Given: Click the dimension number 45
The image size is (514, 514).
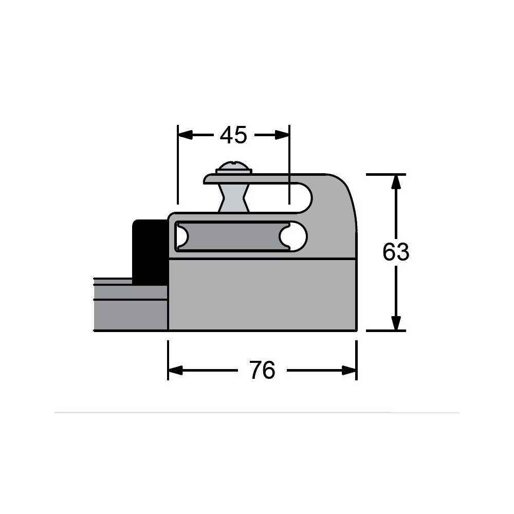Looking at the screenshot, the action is point(233,135).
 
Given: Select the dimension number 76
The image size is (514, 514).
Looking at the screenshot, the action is point(262,370).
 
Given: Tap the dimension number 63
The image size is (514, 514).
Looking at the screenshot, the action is point(396,252).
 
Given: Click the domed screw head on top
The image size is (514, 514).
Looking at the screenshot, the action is point(234,167).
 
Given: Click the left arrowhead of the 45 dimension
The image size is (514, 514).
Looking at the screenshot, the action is point(185,135).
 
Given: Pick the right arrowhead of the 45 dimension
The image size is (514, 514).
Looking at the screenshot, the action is point(282,135).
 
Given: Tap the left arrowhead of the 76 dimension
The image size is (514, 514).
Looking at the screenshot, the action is point(175,371).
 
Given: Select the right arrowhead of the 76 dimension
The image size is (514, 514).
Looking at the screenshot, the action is point(349,371).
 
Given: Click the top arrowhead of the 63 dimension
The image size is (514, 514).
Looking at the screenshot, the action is point(396,182).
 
